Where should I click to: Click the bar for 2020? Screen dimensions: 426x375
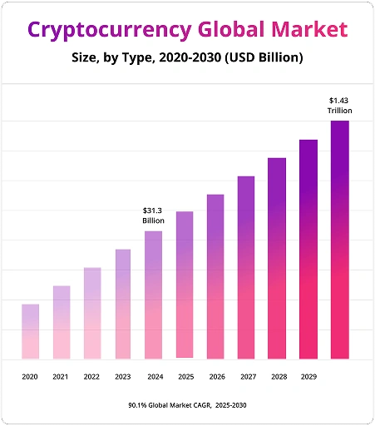(30, 331)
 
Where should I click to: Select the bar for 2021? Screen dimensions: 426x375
(61, 322)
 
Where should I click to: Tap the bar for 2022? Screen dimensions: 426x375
(91, 313)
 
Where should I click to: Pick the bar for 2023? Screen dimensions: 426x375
(122, 304)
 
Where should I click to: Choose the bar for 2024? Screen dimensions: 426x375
(153, 295)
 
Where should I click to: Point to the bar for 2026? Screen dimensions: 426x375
(215, 276)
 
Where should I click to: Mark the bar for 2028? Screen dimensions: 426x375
(277, 258)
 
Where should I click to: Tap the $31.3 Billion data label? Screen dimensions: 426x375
(154, 215)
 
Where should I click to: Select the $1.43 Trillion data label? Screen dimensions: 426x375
(340, 105)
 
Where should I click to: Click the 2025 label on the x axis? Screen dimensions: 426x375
(185, 377)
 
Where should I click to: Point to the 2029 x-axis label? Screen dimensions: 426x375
(308, 377)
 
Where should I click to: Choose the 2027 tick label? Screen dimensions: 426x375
(247, 377)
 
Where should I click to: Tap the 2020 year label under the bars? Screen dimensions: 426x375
(30, 377)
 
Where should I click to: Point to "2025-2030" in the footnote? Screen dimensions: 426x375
(229, 404)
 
